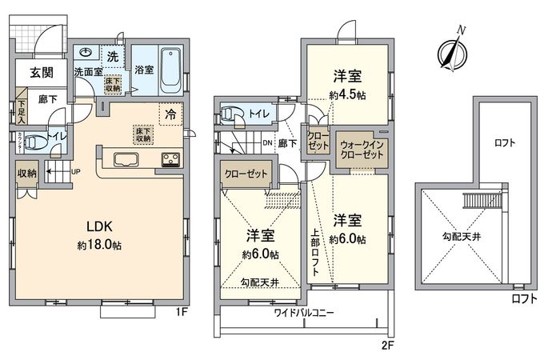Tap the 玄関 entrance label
[42, 72]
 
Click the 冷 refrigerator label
[170, 114]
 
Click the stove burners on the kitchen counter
[171, 158]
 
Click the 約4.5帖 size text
[346, 95]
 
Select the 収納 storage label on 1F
[26, 172]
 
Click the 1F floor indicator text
[182, 312]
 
